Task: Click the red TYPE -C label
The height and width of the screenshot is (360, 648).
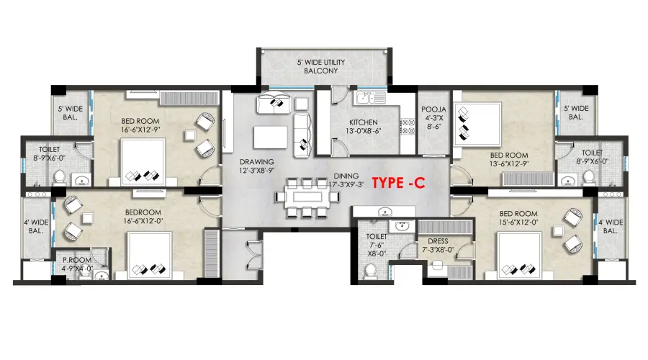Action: click(x=398, y=183)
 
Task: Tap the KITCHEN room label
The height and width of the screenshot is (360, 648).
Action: click(x=364, y=122)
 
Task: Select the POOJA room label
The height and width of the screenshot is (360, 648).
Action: click(x=433, y=109)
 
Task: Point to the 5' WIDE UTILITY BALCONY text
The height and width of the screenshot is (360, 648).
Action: click(x=321, y=66)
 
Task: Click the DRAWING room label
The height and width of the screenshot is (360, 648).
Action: click(x=256, y=161)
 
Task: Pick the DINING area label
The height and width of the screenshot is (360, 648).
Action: click(x=346, y=176)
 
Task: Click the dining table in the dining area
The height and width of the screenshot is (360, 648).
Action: click(x=307, y=197)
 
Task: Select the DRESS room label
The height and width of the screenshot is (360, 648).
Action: click(x=438, y=241)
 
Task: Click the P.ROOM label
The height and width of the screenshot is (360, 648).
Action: click(x=77, y=260)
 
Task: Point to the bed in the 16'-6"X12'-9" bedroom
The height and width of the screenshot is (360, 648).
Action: click(x=143, y=162)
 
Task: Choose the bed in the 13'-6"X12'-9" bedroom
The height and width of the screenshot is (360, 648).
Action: click(x=478, y=124)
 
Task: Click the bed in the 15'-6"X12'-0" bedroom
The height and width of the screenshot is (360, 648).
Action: click(x=519, y=256)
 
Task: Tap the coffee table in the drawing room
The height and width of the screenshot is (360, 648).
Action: click(x=271, y=138)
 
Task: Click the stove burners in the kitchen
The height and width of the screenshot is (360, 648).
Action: click(x=408, y=127)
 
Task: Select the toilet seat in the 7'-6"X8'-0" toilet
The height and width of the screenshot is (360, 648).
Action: click(x=371, y=271)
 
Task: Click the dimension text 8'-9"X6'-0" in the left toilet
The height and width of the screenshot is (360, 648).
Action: click(x=50, y=158)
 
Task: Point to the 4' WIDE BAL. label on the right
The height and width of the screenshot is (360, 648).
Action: click(x=611, y=227)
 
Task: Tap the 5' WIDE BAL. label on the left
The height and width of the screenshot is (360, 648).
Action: click(x=71, y=113)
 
